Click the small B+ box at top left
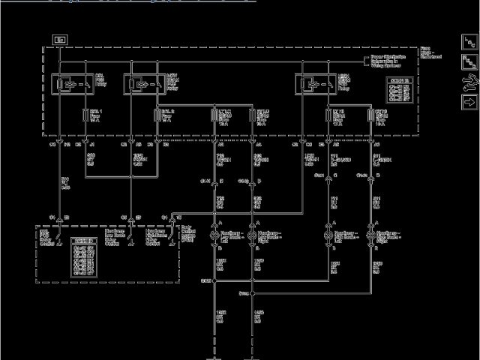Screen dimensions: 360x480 (60, 37)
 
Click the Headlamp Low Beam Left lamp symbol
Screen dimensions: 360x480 (215, 235)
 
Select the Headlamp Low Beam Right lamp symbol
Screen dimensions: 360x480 (252, 235)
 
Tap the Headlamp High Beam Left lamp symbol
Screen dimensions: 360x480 (328, 235)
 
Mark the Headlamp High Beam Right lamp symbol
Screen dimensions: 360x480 (370, 235)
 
